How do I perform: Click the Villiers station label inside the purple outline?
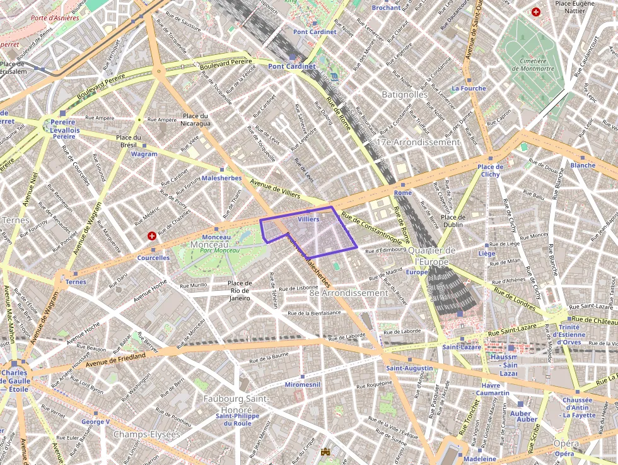coord(308,219)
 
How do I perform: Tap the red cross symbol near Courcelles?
coord(151,236)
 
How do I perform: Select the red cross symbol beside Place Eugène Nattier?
coord(536,12)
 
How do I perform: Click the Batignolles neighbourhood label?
coord(404,95)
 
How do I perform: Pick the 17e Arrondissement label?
coord(418,142)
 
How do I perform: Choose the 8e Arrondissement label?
coord(348,293)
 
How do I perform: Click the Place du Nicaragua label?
coord(195,120)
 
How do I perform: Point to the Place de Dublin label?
coord(453,220)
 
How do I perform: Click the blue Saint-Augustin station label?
coord(409,368)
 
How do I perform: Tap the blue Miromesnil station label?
coord(303,384)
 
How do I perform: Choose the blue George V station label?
coord(96,421)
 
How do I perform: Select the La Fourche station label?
coord(469,88)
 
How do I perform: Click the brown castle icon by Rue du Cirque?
coord(325,452)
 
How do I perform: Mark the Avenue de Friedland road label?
coord(115,359)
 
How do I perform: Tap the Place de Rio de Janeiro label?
coord(240,290)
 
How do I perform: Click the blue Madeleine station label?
coord(480,459)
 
